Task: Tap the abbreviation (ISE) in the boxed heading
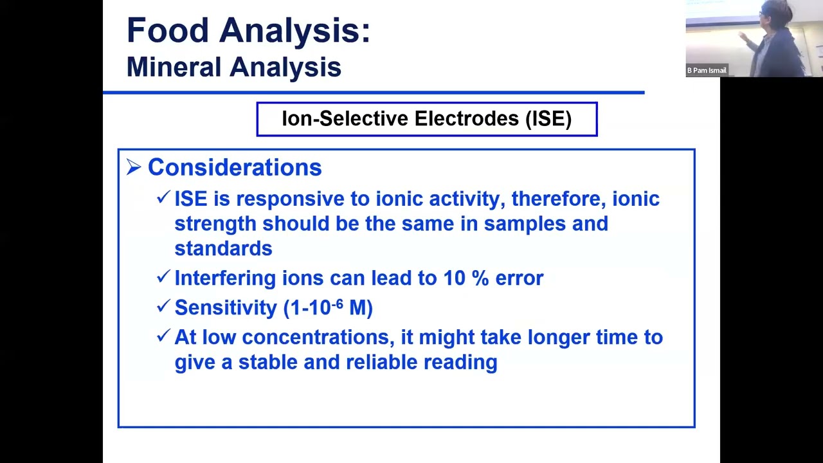(x=548, y=119)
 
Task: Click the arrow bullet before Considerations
(x=134, y=168)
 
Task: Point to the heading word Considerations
(x=235, y=168)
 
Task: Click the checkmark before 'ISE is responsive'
(x=163, y=197)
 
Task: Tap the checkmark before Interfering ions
(x=163, y=277)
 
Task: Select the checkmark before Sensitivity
(x=163, y=306)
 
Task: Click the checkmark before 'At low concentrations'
(x=163, y=336)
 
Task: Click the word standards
(x=223, y=249)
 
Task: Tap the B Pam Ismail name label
(x=707, y=71)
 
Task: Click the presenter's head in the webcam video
(x=769, y=12)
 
